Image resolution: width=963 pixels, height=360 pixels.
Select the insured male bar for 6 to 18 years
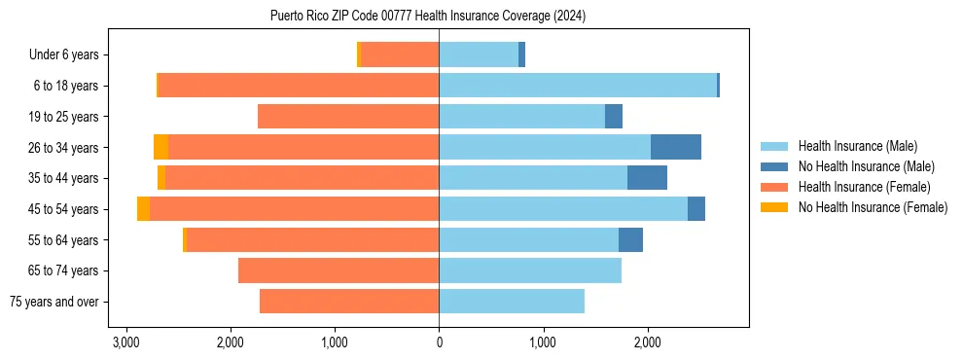click(x=578, y=86)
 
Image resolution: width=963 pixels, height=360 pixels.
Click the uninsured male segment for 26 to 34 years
click(x=676, y=147)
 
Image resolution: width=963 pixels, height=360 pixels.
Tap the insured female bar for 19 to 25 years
click(x=348, y=117)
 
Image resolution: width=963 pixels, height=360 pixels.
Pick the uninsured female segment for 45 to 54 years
click(x=143, y=209)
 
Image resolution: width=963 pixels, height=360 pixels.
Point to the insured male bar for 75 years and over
click(x=512, y=302)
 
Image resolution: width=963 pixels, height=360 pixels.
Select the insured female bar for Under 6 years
click(x=400, y=54)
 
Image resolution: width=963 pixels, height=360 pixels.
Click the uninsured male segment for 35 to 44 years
click(x=647, y=178)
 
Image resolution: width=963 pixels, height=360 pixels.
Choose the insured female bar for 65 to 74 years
click(x=339, y=270)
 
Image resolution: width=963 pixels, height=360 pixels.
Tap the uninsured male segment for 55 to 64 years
click(x=630, y=239)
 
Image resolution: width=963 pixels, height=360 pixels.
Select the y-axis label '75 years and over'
click(x=54, y=302)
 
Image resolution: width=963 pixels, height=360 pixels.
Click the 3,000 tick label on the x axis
click(x=125, y=342)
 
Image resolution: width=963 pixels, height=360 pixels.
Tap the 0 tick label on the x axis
click(x=439, y=342)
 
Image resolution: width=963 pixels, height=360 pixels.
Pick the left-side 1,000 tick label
click(x=335, y=342)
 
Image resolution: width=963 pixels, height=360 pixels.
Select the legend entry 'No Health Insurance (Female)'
click(x=873, y=207)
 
